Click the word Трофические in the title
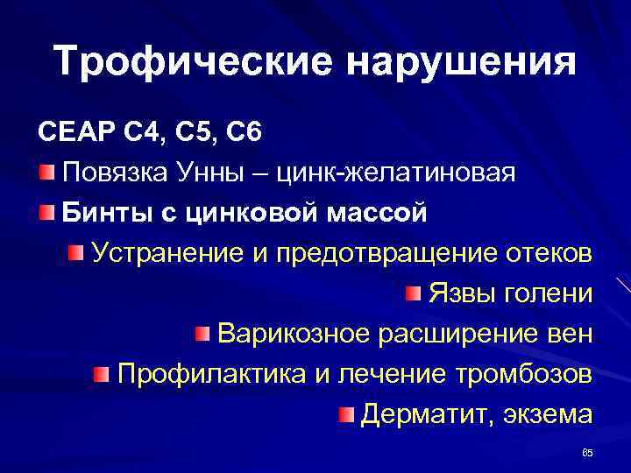pos(187,61)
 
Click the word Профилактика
pos(211,374)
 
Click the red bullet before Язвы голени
pos(413,292)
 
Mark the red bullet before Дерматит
pos(346,412)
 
